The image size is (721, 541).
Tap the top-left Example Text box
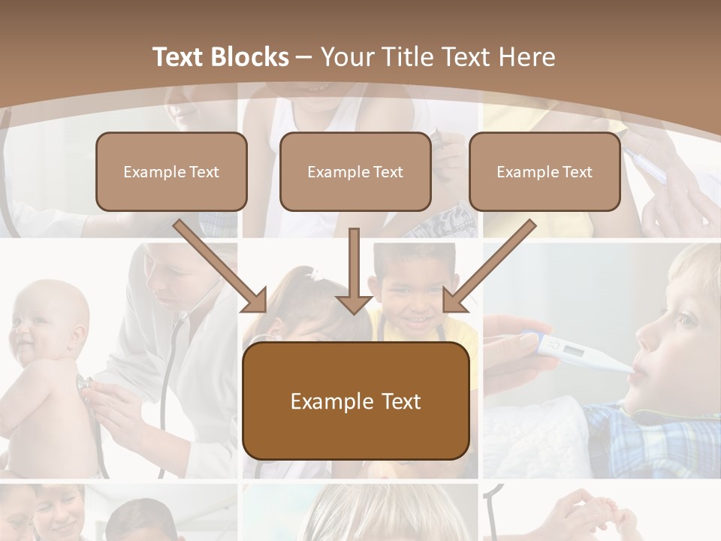tap(171, 171)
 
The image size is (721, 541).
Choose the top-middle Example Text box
tap(355, 171)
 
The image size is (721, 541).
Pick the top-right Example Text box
tap(545, 171)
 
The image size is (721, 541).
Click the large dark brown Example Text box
tap(355, 400)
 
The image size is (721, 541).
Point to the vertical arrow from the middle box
tap(354, 270)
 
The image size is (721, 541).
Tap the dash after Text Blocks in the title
tap(304, 57)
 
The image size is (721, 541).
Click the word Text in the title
tap(179, 57)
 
